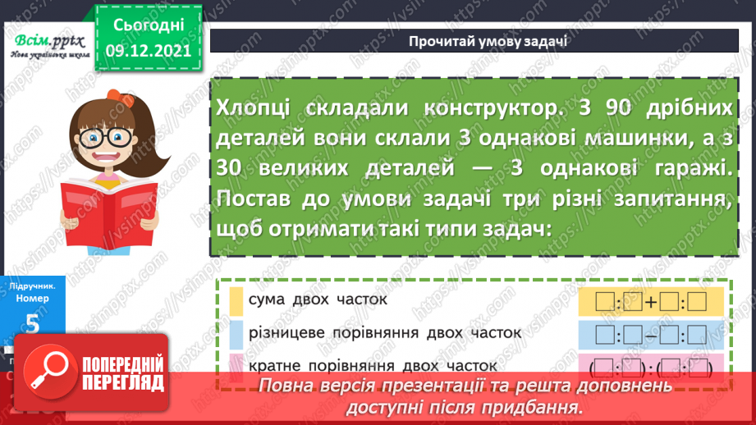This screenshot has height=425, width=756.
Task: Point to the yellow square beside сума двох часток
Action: coord(236,300)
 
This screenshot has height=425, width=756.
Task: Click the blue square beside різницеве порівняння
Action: coord(236,333)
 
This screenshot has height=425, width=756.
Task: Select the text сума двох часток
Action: coord(317,300)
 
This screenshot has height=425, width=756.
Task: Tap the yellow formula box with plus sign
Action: coord(643,302)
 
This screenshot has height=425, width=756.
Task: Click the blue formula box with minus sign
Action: coord(643,335)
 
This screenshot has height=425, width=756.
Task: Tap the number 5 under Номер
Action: coord(33,325)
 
